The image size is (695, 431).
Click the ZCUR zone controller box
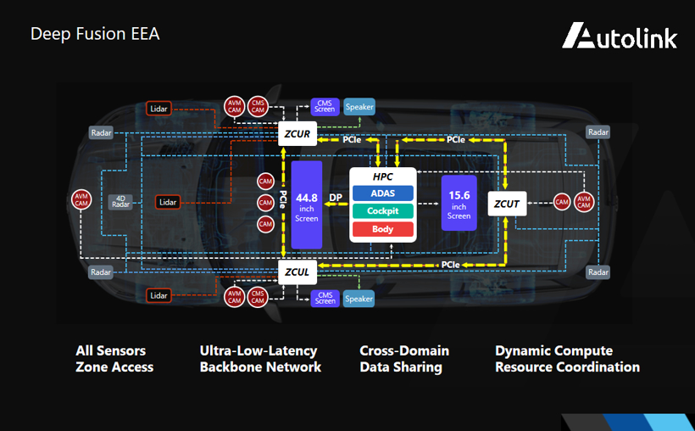tap(297, 134)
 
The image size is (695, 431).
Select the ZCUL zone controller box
tap(297, 272)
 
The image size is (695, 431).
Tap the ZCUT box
tap(508, 203)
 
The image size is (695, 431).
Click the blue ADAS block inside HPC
tap(382, 193)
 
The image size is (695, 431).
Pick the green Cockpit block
tap(382, 210)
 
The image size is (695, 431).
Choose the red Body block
tap(382, 229)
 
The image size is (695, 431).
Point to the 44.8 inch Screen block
tap(306, 204)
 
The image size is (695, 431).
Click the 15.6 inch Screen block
tap(459, 204)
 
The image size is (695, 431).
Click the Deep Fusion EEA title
tap(95, 34)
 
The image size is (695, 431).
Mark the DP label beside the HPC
tap(336, 198)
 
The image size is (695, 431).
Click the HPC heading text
tap(382, 176)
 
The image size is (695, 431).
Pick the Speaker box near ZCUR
tap(359, 107)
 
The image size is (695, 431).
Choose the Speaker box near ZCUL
tap(359, 299)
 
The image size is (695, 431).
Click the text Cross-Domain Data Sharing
tap(404, 359)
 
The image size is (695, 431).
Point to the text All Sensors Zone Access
tap(114, 359)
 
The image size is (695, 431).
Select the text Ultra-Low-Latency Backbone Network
tap(260, 359)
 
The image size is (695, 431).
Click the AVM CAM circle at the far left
tap(81, 200)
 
